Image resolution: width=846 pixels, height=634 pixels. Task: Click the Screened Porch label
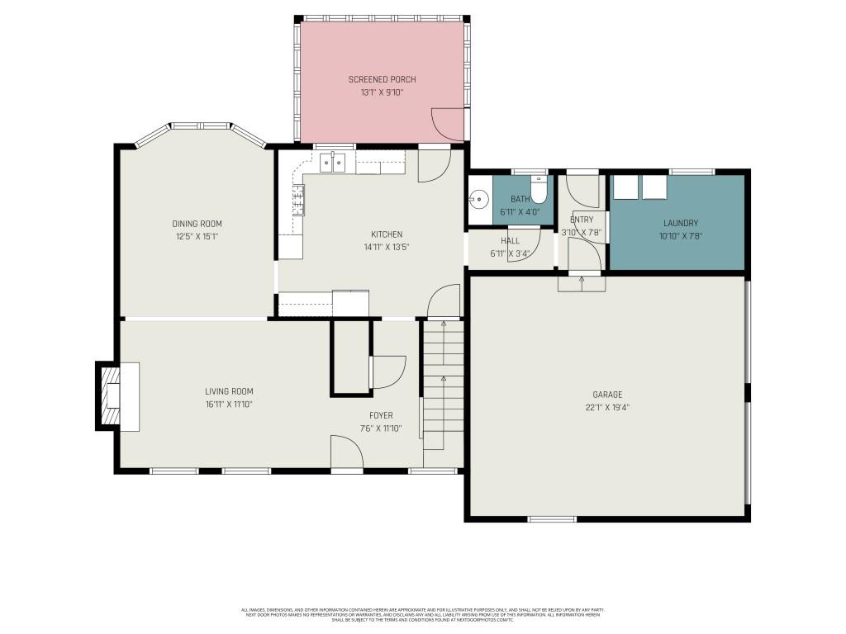point(382,79)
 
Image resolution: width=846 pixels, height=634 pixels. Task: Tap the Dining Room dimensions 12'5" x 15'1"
point(197,236)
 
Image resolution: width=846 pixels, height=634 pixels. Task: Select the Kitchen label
point(387,234)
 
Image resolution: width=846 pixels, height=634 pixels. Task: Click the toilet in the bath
point(539,192)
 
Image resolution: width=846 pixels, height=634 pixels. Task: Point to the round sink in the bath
point(478,198)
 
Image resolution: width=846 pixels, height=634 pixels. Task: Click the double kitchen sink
point(333,163)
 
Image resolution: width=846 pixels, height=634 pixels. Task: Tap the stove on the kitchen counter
point(297,200)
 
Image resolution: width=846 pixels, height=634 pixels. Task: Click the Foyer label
point(381,415)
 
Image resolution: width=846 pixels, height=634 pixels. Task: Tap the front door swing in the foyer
point(345,452)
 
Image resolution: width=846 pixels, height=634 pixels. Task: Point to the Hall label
point(510,241)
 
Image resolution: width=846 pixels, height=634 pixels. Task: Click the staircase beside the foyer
point(443,388)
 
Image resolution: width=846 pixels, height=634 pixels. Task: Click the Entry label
point(582,220)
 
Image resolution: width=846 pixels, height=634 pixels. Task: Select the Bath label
point(520,199)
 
